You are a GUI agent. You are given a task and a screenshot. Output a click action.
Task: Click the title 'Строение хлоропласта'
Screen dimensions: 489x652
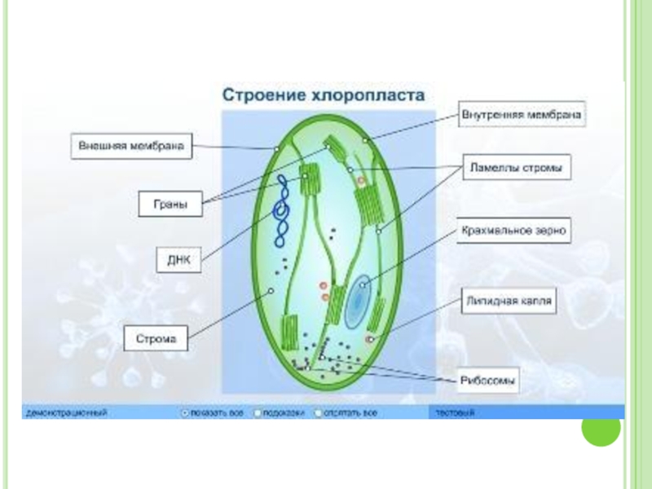(324, 95)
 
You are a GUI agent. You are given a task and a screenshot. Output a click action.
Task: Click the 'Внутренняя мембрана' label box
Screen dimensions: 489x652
(522, 115)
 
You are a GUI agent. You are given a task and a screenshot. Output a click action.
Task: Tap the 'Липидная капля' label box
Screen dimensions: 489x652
(509, 302)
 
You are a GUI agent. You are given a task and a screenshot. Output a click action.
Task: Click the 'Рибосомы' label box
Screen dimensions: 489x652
(490, 379)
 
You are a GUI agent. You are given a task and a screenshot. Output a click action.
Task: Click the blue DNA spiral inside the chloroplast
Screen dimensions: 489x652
(282, 210)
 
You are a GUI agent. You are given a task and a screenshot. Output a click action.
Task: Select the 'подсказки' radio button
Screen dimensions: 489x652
(258, 413)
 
